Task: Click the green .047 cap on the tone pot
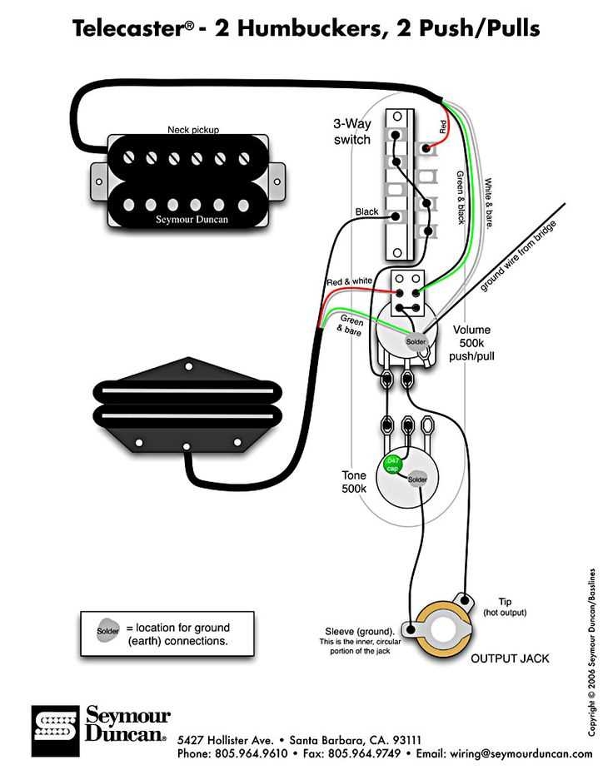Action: click(391, 465)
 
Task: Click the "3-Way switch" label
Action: click(351, 132)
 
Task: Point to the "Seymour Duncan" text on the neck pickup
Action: click(192, 220)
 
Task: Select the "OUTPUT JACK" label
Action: click(510, 658)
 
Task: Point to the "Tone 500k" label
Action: click(354, 482)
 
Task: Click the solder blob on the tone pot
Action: click(416, 479)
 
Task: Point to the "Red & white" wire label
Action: click(349, 281)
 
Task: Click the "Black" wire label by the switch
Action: click(366, 212)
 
